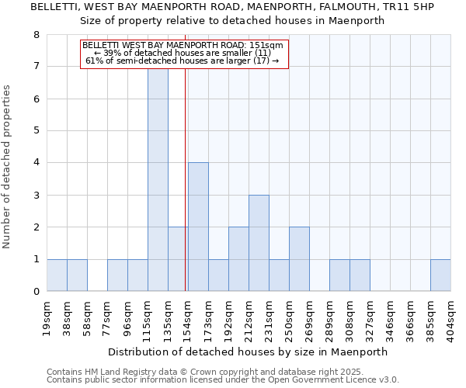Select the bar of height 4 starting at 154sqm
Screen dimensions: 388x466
click(198, 227)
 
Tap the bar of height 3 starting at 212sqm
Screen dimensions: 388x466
click(259, 243)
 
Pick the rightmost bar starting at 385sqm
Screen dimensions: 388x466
click(440, 275)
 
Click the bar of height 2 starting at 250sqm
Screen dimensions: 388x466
click(299, 259)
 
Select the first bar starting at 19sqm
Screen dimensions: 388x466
click(57, 275)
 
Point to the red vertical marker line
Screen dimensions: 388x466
click(186, 194)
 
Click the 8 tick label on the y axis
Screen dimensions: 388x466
click(36, 35)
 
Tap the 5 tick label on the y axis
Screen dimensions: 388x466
click(36, 131)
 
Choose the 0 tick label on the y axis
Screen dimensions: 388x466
click(36, 292)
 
